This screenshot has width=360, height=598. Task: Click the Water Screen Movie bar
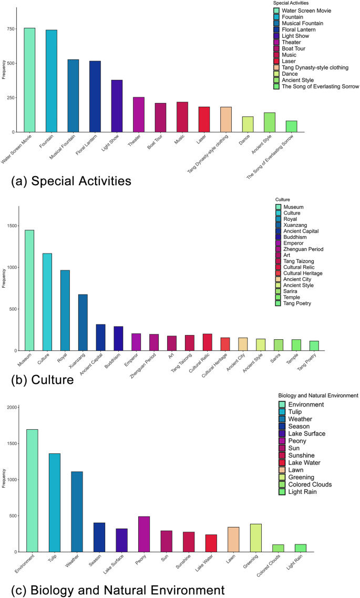pyautogui.click(x=29, y=80)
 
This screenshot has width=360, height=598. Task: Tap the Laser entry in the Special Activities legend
pyautogui.click(x=289, y=61)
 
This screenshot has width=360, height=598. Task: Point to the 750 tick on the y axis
pyautogui.click(x=9, y=29)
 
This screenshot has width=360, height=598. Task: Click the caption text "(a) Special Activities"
pyautogui.click(x=71, y=181)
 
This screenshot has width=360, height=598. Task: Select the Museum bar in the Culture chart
pyautogui.click(x=29, y=290)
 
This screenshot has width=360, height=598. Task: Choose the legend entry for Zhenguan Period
pyautogui.click(x=303, y=249)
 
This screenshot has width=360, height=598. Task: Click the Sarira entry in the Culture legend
pyautogui.click(x=290, y=290)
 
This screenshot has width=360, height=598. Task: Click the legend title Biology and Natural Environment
pyautogui.click(x=318, y=395)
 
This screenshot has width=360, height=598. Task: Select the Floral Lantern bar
pyautogui.click(x=95, y=96)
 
